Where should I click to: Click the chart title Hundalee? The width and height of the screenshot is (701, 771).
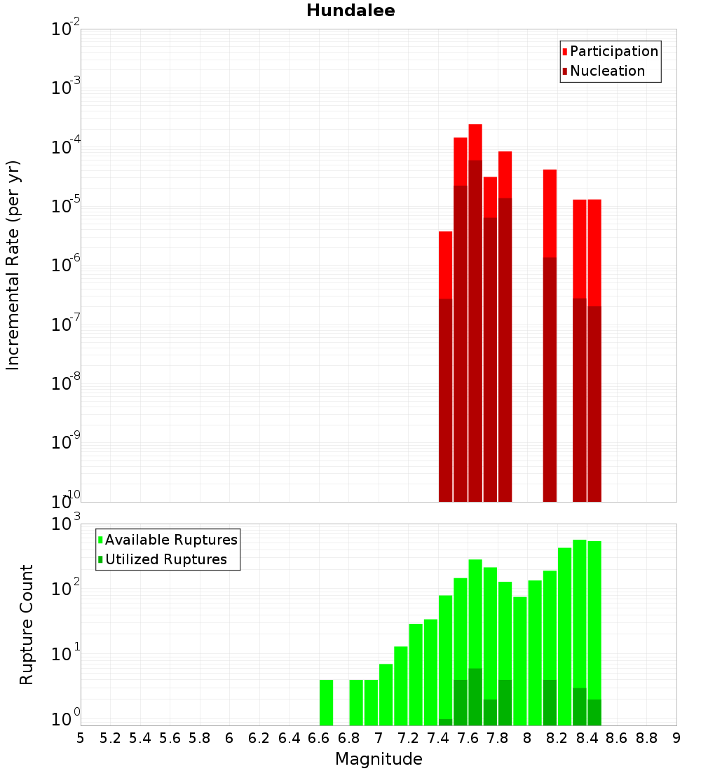(x=350, y=11)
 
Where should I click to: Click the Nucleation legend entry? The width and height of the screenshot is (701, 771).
(x=606, y=71)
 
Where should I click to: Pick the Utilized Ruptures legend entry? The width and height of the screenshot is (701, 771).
(x=165, y=559)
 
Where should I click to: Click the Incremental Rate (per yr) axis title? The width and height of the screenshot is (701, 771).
(x=13, y=265)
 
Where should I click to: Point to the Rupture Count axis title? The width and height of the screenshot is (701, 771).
(x=27, y=624)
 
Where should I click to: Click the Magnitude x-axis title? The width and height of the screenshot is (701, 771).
(x=379, y=759)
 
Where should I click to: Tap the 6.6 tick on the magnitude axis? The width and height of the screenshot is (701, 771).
(x=319, y=737)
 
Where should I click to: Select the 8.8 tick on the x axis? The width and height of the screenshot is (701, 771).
(x=647, y=737)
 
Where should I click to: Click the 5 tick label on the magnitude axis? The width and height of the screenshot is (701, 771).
(x=81, y=737)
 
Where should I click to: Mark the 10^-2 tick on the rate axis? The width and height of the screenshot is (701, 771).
(x=66, y=29)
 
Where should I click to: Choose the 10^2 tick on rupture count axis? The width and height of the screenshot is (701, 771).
(x=66, y=587)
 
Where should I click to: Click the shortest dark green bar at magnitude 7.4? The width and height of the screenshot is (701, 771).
(x=445, y=722)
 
